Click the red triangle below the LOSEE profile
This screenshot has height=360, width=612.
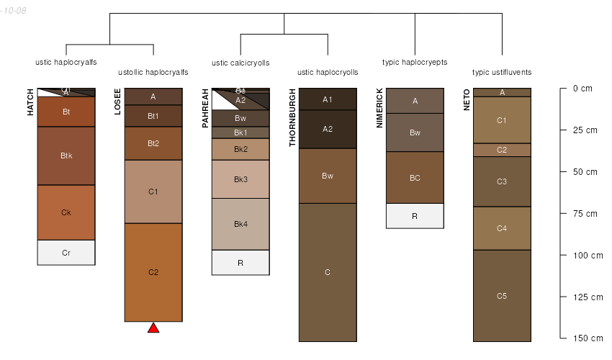click(x=153, y=328)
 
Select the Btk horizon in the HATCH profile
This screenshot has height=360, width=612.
click(x=66, y=156)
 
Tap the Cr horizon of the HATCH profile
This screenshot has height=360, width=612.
click(x=66, y=253)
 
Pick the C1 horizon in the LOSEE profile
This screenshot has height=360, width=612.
click(x=153, y=192)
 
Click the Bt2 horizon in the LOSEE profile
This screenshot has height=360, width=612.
click(x=153, y=143)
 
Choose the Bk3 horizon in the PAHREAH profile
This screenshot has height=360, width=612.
click(x=240, y=179)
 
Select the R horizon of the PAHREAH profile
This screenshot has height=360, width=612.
click(x=240, y=263)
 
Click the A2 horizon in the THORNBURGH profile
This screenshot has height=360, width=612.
click(x=328, y=129)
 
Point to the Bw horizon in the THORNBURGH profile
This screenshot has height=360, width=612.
click(x=328, y=176)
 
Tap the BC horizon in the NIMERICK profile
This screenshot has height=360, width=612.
click(x=415, y=178)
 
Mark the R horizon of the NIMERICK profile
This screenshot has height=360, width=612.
click(x=415, y=216)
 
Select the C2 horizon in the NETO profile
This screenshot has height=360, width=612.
click(x=502, y=150)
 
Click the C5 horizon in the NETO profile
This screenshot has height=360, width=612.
click(x=502, y=296)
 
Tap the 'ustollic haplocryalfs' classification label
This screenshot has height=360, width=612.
click(x=153, y=72)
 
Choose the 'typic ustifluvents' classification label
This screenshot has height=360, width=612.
click(x=502, y=72)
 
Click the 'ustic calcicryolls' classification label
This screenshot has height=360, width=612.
click(x=240, y=63)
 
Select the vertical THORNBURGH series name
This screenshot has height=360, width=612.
click(x=293, y=118)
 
